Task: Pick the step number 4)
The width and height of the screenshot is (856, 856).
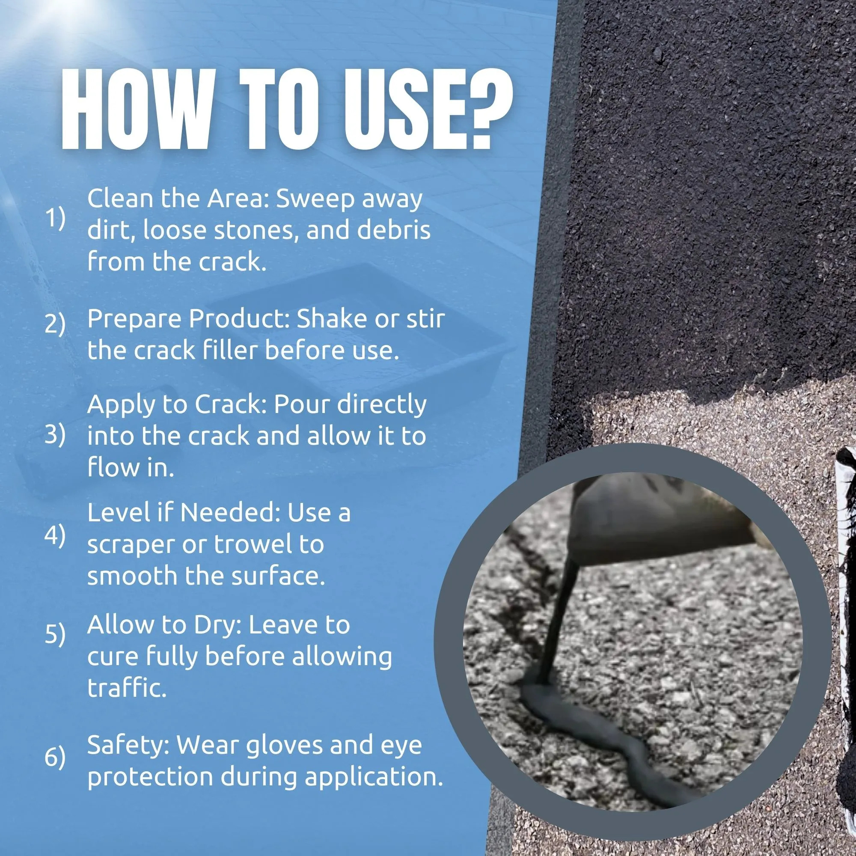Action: (55, 537)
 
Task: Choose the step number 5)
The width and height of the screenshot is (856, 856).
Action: (55, 635)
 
